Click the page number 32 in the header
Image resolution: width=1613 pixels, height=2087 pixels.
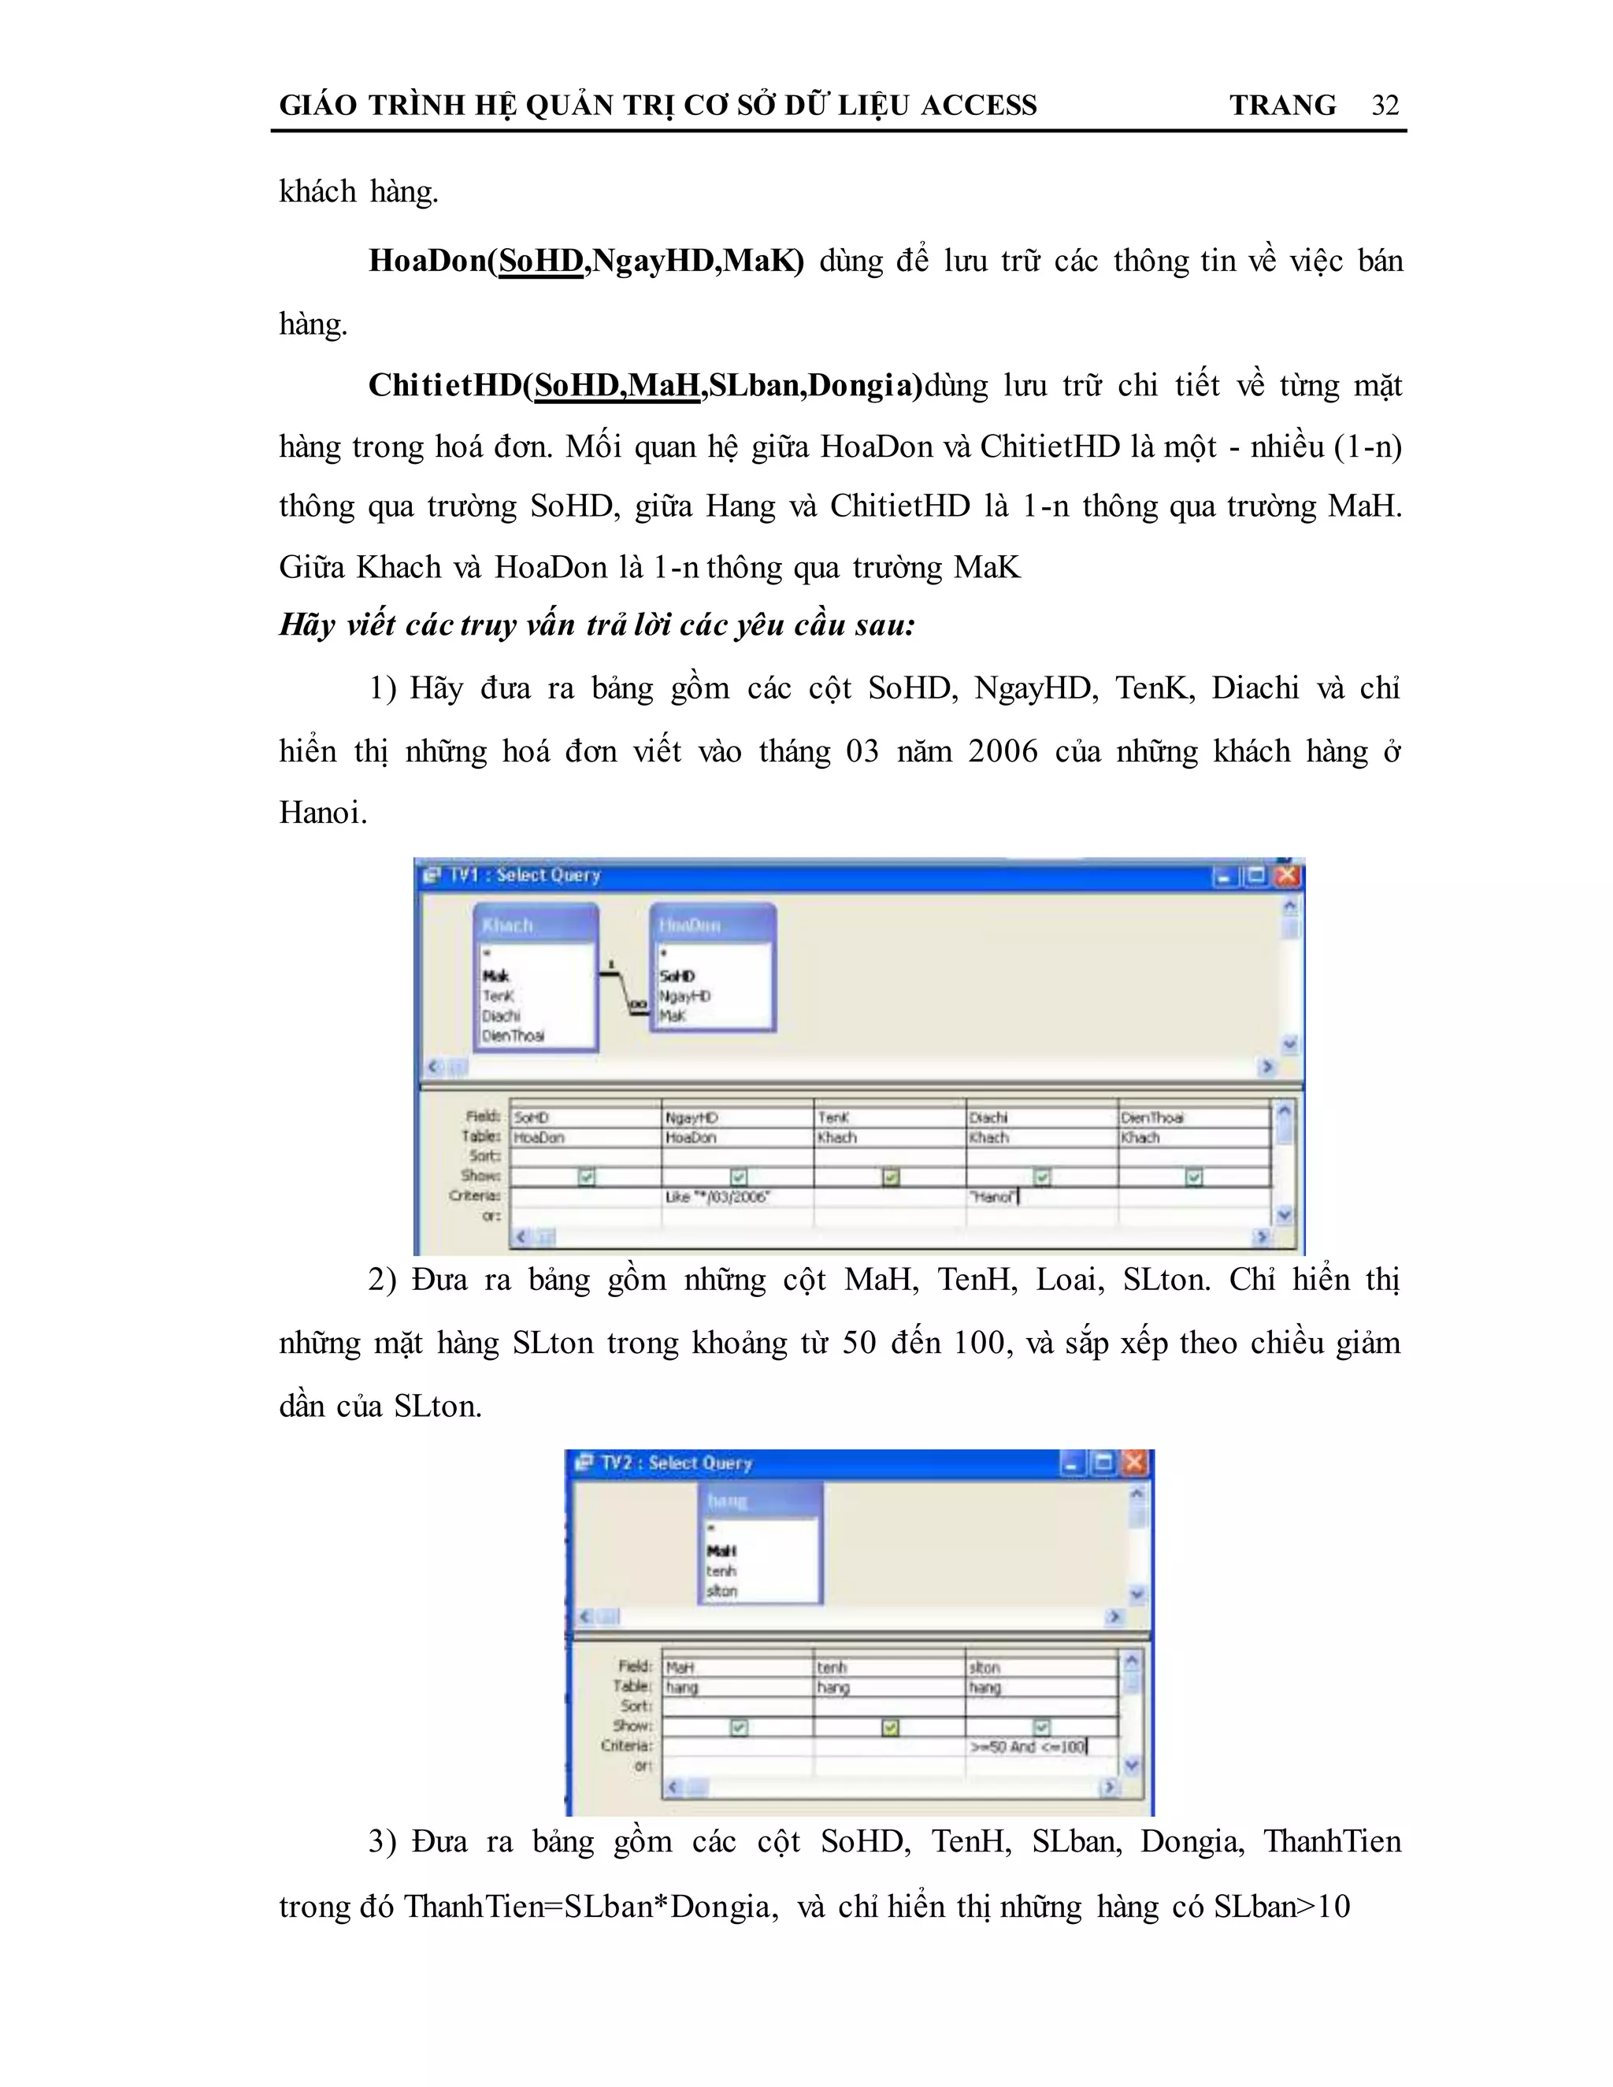tap(1385, 105)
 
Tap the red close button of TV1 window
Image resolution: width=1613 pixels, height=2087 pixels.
tap(1287, 875)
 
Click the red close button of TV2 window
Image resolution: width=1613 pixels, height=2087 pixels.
tap(1134, 1463)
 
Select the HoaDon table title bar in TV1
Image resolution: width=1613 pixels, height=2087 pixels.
tap(713, 925)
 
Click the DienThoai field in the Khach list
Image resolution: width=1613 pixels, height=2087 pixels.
tap(514, 1036)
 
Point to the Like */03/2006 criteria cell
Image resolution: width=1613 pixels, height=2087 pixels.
tap(736, 1196)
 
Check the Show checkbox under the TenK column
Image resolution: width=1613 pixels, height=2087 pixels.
tap(891, 1177)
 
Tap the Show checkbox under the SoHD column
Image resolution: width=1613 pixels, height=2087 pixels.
tap(587, 1177)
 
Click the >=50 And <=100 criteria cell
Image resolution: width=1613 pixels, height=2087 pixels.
tap(1040, 1747)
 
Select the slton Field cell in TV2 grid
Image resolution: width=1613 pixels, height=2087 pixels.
tap(1040, 1667)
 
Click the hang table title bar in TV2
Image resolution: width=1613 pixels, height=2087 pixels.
tap(761, 1500)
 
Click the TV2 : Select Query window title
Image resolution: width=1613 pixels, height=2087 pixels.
tap(677, 1463)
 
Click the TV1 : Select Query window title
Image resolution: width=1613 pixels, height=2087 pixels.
tap(525, 875)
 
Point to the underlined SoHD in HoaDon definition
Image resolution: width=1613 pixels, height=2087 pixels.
tap(541, 261)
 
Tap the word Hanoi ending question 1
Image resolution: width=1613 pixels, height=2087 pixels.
tap(322, 814)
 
